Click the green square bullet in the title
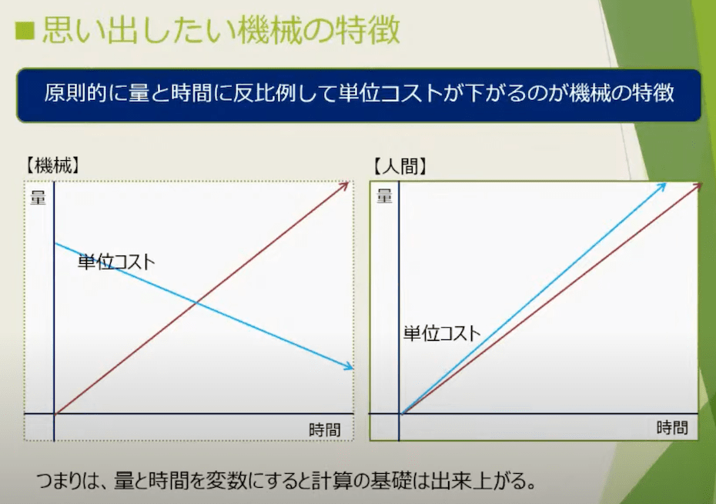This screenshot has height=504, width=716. click(x=25, y=31)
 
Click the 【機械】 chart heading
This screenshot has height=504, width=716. click(x=53, y=165)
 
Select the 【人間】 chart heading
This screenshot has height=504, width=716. click(x=400, y=167)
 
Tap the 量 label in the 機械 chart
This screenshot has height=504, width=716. click(x=38, y=198)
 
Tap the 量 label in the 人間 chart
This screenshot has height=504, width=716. click(x=384, y=196)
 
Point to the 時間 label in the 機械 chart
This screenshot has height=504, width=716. click(x=325, y=429)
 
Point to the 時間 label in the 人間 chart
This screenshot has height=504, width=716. click(x=672, y=428)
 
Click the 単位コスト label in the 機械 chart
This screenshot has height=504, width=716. click(x=116, y=262)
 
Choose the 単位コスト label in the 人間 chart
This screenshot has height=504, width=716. click(x=442, y=333)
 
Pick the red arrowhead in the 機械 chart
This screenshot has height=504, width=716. click(x=345, y=185)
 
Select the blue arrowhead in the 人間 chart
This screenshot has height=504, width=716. click(x=661, y=186)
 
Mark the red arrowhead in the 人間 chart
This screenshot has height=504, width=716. click(x=698, y=185)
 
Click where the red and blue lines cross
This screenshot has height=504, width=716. click(x=196, y=302)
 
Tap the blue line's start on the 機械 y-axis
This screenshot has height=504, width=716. click(x=55, y=243)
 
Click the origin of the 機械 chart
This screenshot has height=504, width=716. click(x=55, y=414)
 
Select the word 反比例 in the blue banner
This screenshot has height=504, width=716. click(x=264, y=93)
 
